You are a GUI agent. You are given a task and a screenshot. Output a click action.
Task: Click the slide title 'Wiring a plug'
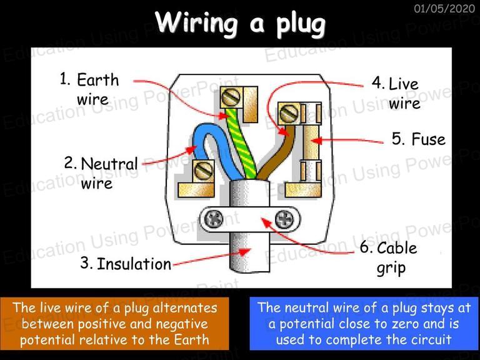pos(240,24)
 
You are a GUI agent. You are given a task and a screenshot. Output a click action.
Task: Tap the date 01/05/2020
pos(444,8)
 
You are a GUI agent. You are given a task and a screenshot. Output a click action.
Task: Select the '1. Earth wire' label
pos(89,89)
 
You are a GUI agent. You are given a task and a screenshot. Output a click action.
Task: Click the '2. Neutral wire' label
pos(101,173)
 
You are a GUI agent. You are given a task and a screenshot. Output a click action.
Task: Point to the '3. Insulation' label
pos(126,264)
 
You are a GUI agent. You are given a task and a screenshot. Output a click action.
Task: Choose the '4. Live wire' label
pos(396,92)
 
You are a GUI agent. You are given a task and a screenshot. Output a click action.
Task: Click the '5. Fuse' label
pos(419,139)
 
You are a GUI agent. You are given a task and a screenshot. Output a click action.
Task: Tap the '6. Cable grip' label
pos(389,257)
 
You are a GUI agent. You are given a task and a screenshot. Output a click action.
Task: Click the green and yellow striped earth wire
pos(241,144)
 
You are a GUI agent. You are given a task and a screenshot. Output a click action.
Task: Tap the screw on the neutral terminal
pos(204,171)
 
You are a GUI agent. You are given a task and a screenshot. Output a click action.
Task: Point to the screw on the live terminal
pos(289,113)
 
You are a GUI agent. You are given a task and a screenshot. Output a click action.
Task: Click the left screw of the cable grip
pos(214,219)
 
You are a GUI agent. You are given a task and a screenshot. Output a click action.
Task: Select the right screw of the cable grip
pos(284,219)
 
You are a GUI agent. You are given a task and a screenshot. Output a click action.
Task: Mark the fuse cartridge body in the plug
pos(311,143)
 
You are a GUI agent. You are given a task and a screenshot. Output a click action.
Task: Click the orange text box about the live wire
pos(114,324)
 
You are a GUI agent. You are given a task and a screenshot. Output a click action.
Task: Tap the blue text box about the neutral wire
pos(364,324)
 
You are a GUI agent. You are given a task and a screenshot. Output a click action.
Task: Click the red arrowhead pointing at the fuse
pos(317,141)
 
